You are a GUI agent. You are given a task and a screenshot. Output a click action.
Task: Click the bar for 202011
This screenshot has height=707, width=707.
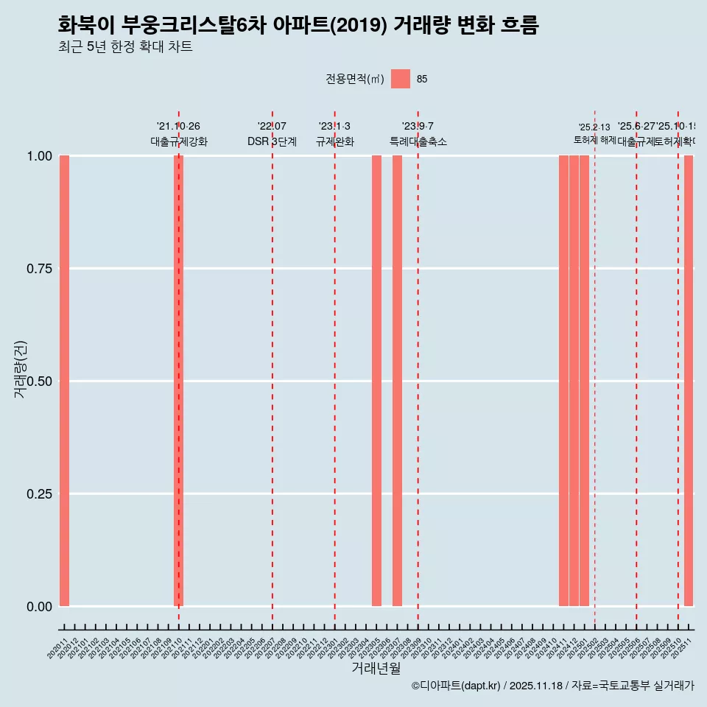64,381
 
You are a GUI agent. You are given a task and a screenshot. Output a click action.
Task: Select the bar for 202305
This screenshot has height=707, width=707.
376,381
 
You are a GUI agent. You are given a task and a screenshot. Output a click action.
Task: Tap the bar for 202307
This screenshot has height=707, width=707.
397,381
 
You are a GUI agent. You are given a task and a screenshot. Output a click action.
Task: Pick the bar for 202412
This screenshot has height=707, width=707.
574,381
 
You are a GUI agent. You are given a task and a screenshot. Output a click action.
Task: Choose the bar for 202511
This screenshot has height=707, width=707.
689,381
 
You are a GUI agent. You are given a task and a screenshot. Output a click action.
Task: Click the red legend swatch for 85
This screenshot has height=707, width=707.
400,79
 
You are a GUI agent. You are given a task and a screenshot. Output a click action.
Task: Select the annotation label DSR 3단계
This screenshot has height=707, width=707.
272,141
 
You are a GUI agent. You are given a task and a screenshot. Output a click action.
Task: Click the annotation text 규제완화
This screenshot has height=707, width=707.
334,141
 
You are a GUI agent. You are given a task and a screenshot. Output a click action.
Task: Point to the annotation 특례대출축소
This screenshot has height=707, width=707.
418,141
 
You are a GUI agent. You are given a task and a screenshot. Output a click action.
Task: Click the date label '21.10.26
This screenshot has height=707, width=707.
178,127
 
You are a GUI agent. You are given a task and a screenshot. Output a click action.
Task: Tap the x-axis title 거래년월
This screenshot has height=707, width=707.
376,668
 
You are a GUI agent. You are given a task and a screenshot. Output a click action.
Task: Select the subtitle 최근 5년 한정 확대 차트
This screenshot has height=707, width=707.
125,47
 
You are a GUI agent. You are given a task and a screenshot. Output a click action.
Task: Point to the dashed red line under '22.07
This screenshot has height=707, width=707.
272,368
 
